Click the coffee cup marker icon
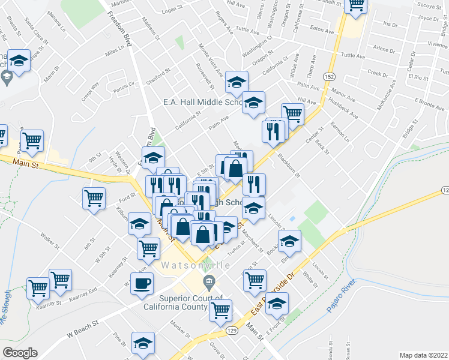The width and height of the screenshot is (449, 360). pyautogui.click(x=142, y=284)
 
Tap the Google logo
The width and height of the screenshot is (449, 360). pyautogui.click(x=19, y=353)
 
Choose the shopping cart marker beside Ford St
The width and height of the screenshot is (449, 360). pyautogui.click(x=94, y=197)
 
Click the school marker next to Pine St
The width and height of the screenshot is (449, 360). pyautogui.click(x=143, y=343)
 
